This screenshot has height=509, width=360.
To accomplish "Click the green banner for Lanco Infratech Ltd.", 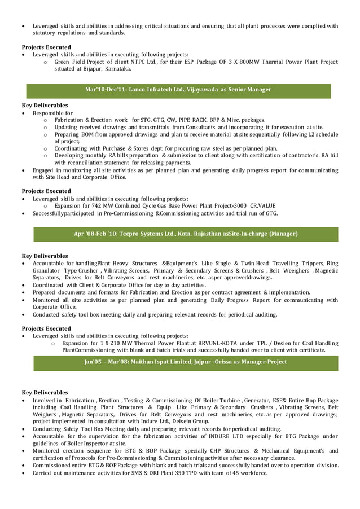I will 178,89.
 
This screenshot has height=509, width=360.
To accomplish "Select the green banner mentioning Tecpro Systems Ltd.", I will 186,234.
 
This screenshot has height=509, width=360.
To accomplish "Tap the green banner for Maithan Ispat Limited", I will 186,362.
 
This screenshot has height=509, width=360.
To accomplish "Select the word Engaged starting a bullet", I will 44,170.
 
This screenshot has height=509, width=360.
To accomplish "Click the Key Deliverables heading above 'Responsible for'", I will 45,106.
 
